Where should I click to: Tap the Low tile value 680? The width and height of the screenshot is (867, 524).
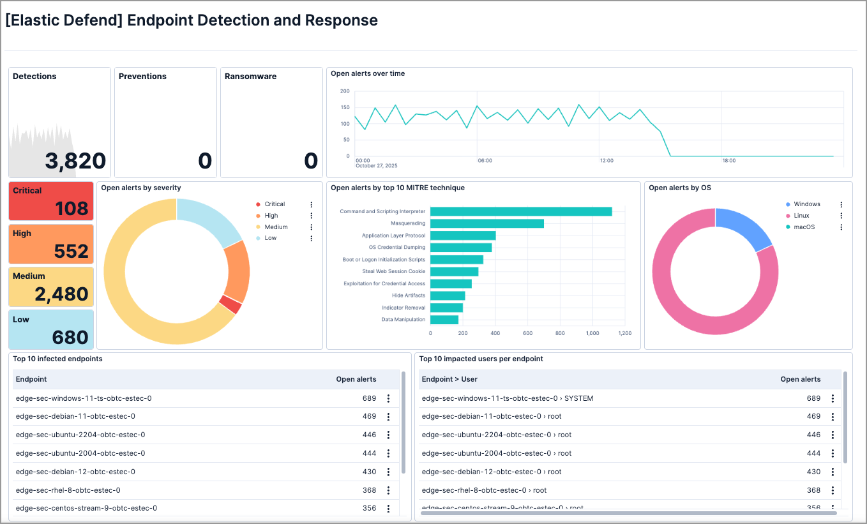tap(71, 337)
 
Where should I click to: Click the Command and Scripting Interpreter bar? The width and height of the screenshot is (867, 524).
tap(520, 211)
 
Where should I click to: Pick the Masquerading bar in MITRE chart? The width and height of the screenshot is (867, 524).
tap(486, 223)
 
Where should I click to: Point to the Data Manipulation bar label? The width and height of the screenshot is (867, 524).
tap(403, 319)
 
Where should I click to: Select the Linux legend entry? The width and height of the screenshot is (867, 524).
tap(801, 216)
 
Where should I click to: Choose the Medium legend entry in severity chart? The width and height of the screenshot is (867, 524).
tap(276, 227)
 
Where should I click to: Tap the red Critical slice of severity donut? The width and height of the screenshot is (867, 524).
tap(230, 304)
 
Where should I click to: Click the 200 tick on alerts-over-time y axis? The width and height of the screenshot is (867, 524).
tap(345, 91)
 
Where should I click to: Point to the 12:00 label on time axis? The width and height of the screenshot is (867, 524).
tap(606, 161)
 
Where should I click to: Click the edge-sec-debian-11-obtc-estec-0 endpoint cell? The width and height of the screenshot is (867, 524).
tap(75, 416)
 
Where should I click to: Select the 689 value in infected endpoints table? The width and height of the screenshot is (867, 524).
tap(369, 398)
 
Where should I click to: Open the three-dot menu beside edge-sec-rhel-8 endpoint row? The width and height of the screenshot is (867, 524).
tap(388, 490)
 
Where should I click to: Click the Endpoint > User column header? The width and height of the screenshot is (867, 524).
tap(449, 379)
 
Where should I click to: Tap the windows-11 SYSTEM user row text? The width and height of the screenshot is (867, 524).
tap(507, 398)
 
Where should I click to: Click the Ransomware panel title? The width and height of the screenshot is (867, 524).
tap(250, 76)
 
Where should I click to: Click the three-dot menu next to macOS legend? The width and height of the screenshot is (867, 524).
tap(841, 227)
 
